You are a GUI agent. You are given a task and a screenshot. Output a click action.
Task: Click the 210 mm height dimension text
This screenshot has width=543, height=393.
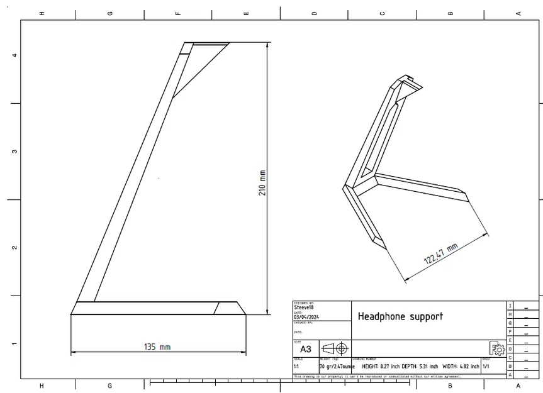(262, 182)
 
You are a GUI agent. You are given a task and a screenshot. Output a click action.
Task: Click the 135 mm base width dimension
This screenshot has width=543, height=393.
(157, 346)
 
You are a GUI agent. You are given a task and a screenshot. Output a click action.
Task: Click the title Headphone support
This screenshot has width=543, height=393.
(400, 316)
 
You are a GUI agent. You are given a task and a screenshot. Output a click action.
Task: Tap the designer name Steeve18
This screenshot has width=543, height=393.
(304, 307)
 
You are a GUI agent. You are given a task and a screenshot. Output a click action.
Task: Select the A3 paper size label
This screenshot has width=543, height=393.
(306, 349)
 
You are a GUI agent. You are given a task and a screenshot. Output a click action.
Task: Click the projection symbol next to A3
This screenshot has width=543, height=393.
(335, 348)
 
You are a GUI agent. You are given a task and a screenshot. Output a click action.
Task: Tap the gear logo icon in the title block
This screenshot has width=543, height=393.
(498, 349)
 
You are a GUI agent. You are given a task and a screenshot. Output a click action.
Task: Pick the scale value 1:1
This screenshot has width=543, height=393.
(296, 366)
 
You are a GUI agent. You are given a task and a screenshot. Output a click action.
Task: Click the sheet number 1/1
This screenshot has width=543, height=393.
(486, 366)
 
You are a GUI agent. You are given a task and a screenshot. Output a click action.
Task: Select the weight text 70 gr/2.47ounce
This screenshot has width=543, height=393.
(337, 366)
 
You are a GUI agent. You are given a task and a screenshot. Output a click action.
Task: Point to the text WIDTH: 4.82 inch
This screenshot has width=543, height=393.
(461, 366)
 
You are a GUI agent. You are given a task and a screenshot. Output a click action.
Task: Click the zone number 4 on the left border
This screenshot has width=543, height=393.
(14, 55)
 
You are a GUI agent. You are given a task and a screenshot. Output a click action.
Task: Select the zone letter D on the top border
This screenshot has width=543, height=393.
(314, 13)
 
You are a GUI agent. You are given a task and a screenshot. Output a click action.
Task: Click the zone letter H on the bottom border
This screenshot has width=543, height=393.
(42, 385)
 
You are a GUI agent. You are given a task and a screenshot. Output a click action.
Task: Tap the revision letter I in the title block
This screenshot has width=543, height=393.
(510, 306)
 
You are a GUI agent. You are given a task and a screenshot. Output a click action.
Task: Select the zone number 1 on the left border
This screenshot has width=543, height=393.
(14, 344)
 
